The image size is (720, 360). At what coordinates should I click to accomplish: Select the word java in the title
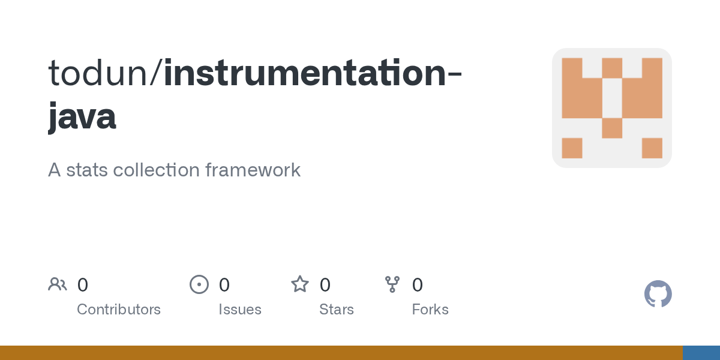click(x=82, y=116)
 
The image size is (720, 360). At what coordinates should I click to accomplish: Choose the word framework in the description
click(x=253, y=170)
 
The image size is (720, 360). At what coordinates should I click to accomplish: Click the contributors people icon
click(x=58, y=284)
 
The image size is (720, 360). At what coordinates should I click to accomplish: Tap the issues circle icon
click(x=199, y=284)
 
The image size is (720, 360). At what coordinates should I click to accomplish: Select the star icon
click(x=300, y=284)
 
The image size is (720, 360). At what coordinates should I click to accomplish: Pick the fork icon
click(x=392, y=284)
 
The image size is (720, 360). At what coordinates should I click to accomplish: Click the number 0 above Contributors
click(x=83, y=285)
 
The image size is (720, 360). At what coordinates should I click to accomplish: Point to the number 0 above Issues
click(x=224, y=285)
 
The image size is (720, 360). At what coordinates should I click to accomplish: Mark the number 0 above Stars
click(x=325, y=285)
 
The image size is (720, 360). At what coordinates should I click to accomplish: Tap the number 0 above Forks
click(x=417, y=285)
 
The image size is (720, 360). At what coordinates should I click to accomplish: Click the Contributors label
click(x=119, y=310)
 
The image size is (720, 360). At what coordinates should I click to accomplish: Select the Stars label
click(x=337, y=310)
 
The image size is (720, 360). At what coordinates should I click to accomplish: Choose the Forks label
click(x=430, y=310)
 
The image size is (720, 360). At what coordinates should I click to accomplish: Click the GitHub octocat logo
click(x=658, y=295)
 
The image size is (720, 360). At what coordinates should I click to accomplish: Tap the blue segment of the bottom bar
click(x=701, y=353)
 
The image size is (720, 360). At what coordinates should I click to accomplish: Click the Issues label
click(x=240, y=310)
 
